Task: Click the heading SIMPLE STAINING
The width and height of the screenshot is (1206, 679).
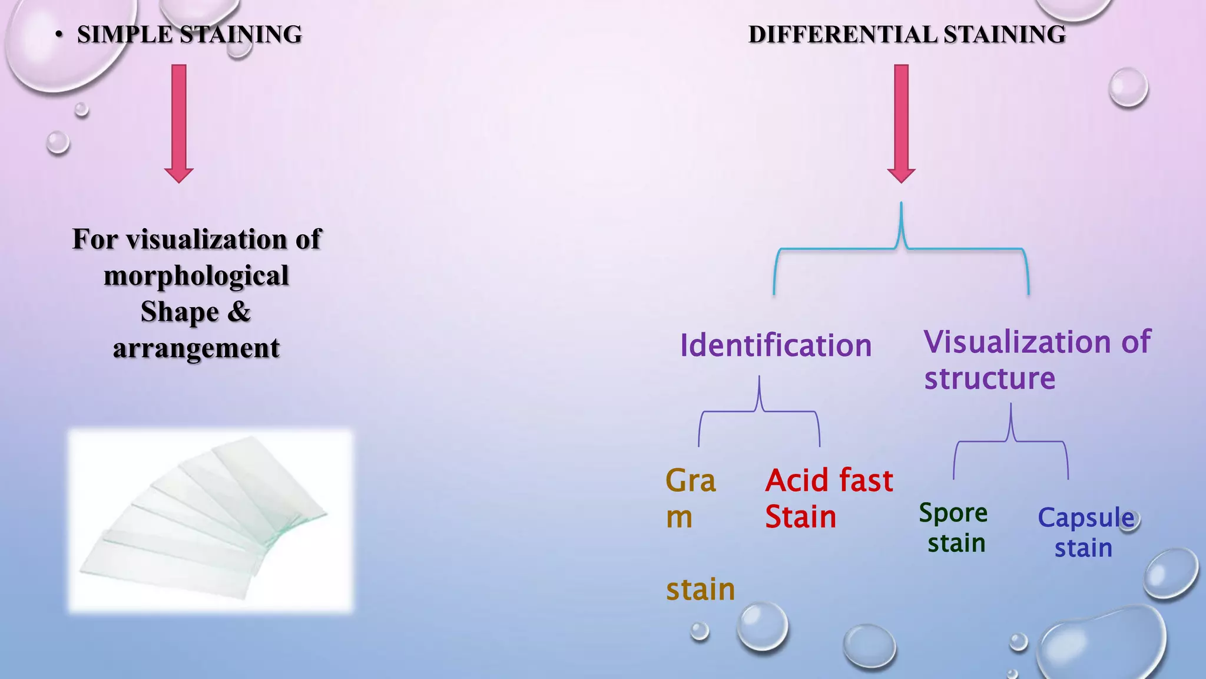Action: tap(189, 34)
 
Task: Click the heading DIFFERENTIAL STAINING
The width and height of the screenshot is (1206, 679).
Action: tap(906, 34)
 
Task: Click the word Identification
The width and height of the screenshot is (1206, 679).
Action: tap(776, 345)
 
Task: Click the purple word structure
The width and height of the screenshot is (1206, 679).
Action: tap(989, 378)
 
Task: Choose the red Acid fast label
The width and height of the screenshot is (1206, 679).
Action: tap(829, 480)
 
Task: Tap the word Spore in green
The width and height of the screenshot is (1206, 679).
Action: tap(953, 513)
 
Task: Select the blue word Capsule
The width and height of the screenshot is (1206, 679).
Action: tap(1085, 518)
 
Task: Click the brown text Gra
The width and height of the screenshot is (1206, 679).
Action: tap(690, 480)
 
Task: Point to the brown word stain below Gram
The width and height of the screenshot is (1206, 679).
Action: tap(700, 589)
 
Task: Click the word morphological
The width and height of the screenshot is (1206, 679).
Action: tap(196, 276)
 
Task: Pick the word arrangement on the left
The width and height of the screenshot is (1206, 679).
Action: tap(196, 348)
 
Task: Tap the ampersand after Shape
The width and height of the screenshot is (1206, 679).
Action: tap(238, 312)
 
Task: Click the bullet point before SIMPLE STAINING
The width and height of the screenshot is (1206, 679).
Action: tap(58, 35)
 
